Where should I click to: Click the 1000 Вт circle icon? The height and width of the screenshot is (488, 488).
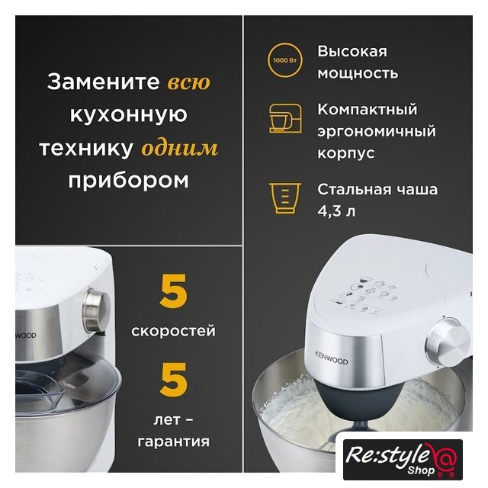pos(284,60)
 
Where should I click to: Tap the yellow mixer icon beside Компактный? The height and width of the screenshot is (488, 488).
pos(285,119)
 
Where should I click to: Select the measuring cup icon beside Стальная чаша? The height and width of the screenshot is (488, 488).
pos(285,198)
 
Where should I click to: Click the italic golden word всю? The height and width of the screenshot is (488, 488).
pos(189,82)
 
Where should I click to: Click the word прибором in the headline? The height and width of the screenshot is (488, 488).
pos(129,180)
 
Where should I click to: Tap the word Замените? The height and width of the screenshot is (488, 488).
pos(103,82)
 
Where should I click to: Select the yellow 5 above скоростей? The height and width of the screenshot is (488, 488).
pos(173,291)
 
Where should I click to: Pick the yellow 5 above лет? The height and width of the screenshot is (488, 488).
pos(173,380)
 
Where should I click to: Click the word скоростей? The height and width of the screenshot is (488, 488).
pos(173,330)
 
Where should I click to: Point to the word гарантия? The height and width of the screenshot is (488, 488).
pos(173,441)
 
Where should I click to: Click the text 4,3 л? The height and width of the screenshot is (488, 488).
pos(336,211)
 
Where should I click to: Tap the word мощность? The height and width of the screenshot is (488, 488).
pos(358,73)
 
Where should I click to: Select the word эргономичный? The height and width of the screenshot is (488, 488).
pos(377,131)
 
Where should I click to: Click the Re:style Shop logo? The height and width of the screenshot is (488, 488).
pos(403,459)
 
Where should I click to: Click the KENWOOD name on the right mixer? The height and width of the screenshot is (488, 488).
pos(332,358)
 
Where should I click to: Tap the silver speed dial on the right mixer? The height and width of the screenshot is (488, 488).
pos(448,342)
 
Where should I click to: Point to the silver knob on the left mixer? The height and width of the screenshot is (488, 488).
pos(97,310)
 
